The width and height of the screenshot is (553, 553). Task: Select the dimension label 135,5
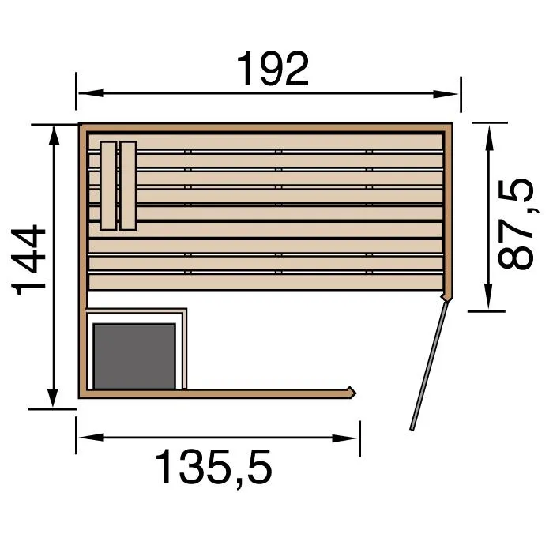214,468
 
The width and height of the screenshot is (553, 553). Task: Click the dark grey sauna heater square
134,355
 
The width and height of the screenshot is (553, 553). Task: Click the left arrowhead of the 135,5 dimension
82,437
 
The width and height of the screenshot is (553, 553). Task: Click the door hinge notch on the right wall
447,296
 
